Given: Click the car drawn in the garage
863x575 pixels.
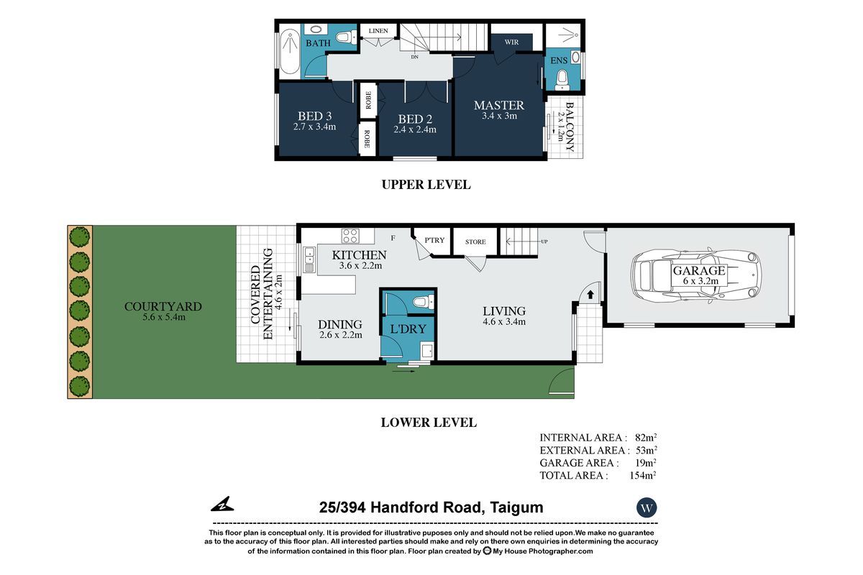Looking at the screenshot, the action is pos(695,275).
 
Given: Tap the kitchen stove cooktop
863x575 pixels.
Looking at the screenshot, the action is pos(350,236).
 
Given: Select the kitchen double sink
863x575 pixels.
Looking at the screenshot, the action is pos(309,259).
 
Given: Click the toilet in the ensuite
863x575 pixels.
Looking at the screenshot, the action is pos(562,80).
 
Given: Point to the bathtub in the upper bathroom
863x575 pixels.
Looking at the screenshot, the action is pos(289,52).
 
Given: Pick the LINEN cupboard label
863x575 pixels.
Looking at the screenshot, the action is pos(378,31).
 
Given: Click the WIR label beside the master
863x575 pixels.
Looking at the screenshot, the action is pos(511,42).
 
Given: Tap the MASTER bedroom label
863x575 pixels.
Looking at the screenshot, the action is pos(499,105).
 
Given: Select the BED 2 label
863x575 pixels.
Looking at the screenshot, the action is pos(415,119).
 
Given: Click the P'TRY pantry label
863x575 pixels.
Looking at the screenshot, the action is pos(434,240).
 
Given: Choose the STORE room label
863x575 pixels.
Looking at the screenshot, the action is pos(475,242).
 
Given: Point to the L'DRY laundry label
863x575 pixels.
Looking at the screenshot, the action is pos(408,329).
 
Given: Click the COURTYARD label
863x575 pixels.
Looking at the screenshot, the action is pos(163,307).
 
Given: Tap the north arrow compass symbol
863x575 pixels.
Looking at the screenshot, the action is pos(222,504).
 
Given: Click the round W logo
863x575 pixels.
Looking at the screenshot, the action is pos(647,507).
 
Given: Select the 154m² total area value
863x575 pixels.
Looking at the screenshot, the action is pos(643,475).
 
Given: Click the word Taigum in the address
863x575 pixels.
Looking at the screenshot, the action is pos(516,508).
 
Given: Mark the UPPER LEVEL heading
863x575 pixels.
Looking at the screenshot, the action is pos(426,185).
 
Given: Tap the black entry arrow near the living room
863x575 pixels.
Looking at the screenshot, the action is pos(590,295).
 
